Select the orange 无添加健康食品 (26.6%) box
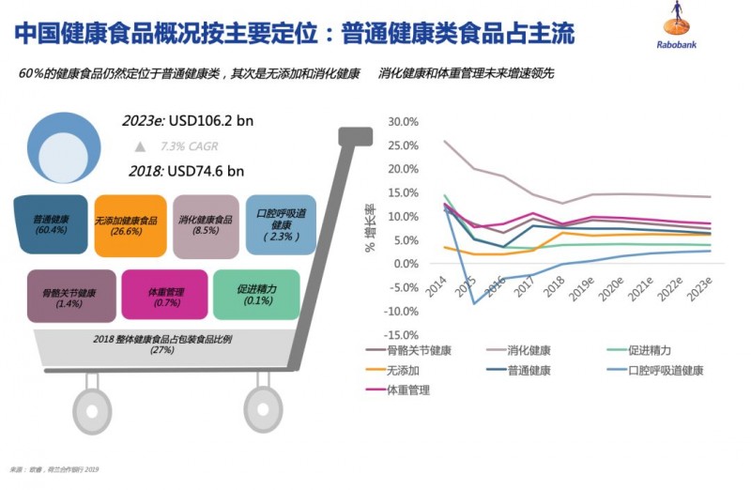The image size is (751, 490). point(130,224)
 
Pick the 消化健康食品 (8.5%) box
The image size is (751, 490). point(206,224)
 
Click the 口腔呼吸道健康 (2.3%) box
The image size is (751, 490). point(281,224)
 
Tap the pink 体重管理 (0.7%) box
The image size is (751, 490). point(162,296)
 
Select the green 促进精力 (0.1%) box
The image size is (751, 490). point(255,294)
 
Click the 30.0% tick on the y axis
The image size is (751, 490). point(401,122)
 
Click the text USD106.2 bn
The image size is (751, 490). point(218,122)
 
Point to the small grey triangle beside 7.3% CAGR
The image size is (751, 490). point(140,146)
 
